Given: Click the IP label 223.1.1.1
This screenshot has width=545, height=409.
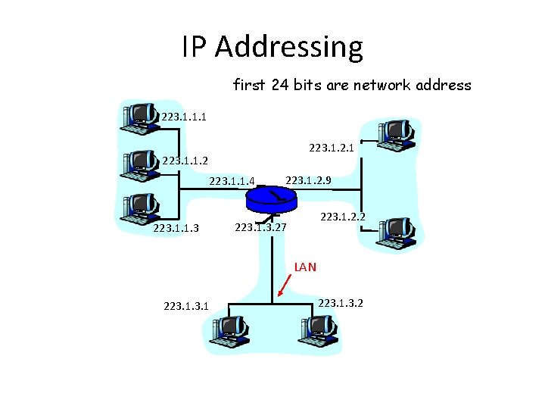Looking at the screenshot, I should click(184, 117).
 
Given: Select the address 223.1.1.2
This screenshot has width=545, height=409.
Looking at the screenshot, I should click(185, 160).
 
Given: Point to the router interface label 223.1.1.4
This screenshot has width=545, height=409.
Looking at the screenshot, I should click(233, 180).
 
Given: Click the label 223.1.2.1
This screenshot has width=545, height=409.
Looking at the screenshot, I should click(333, 148).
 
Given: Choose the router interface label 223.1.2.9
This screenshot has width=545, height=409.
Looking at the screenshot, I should click(309, 180).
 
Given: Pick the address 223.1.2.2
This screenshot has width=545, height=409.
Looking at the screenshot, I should click(344, 217).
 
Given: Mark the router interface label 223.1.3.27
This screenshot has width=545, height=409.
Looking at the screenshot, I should click(260, 226).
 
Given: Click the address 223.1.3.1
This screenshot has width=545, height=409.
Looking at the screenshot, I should click(186, 306).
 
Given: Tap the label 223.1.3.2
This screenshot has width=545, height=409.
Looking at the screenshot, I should click(341, 303).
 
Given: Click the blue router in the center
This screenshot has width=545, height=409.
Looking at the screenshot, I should click(271, 198).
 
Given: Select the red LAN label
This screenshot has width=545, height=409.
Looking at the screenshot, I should click(305, 267).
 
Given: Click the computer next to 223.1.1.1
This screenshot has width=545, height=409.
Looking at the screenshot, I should click(140, 117).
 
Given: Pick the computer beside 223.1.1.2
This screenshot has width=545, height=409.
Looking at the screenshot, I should click(140, 163).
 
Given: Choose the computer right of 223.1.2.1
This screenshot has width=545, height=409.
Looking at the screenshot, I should click(396, 133).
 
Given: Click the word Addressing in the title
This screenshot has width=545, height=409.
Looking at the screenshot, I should click(288, 47).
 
